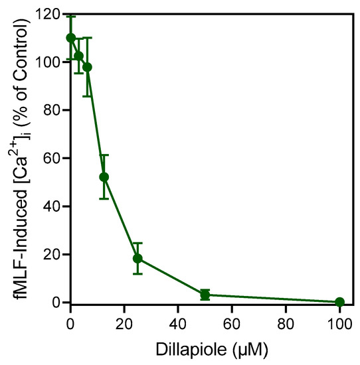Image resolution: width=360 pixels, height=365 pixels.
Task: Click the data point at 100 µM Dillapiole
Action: click(339, 302)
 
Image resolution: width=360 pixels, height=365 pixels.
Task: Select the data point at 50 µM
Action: click(205, 294)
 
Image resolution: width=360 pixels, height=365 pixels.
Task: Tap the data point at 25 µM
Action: click(137, 258)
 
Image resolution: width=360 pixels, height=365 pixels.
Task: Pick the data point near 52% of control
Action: click(104, 177)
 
